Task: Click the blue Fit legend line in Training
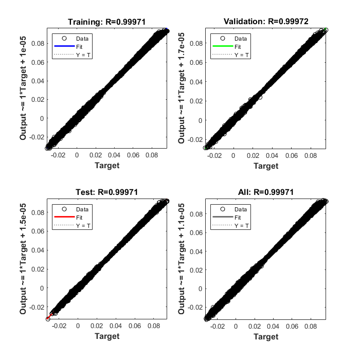[65, 46]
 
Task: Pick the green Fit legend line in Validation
[223, 46]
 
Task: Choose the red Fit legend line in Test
[65, 217]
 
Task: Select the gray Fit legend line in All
[223, 217]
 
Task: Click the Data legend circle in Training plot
[65, 39]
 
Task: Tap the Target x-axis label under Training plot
[107, 166]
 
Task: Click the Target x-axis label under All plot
[266, 336]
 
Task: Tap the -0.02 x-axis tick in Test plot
[59, 325]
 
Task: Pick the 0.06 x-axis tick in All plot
[292, 325]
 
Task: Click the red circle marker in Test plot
[48, 319]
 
